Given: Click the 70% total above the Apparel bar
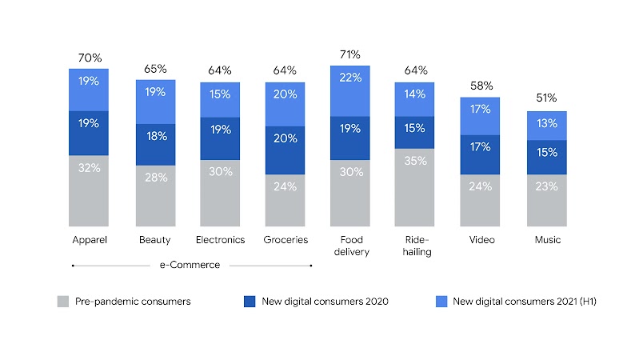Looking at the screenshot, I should (90, 58).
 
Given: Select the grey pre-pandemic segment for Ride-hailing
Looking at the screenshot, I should (415, 187).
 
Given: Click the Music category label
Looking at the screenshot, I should (548, 240).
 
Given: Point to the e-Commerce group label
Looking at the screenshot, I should (190, 265).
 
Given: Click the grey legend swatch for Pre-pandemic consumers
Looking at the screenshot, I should (63, 302).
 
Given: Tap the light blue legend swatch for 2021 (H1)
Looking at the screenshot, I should (441, 302).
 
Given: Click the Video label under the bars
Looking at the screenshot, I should (481, 240).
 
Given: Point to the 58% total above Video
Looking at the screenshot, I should (481, 86).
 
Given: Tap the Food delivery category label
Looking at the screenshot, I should (350, 245).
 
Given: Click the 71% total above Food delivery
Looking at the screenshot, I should (350, 54).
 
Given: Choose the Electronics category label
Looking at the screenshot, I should (221, 240).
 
